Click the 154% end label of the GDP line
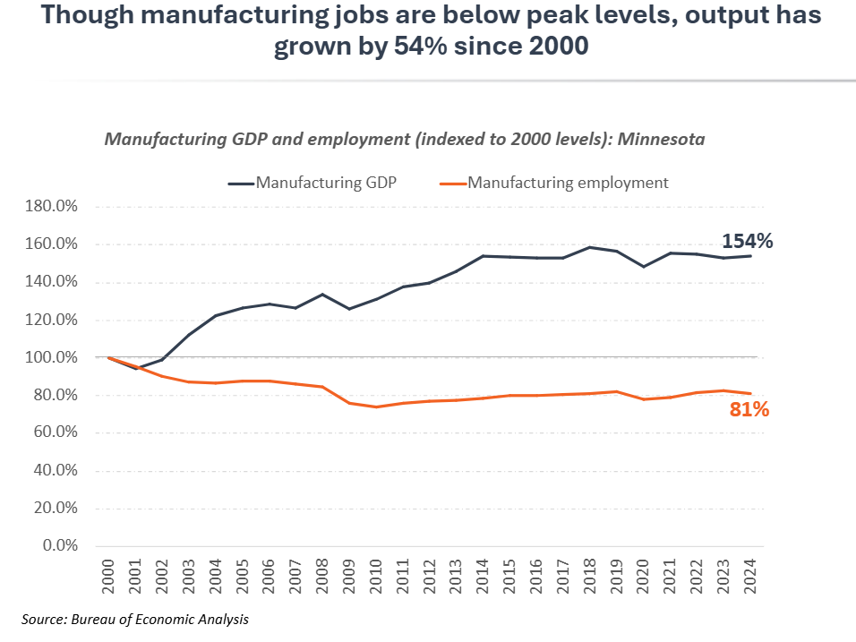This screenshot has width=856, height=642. [x=747, y=242]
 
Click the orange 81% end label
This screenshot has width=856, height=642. [x=749, y=410]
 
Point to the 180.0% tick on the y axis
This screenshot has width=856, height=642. [x=52, y=207]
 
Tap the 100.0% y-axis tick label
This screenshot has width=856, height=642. [x=52, y=357]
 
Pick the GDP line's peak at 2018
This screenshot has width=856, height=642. [x=590, y=247]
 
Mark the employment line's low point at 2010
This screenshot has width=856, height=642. [x=377, y=407]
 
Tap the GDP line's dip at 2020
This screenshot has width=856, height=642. [x=644, y=266]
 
